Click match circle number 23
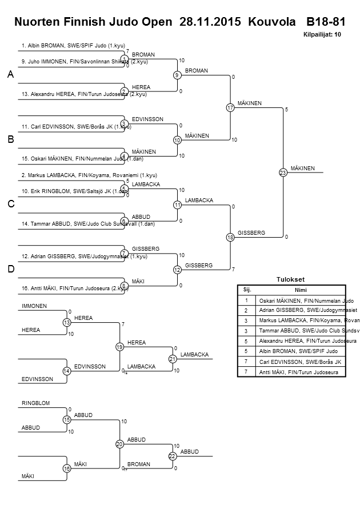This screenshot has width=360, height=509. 283,172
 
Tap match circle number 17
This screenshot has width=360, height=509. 230,107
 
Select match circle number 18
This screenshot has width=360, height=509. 230,237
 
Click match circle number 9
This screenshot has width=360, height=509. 177,75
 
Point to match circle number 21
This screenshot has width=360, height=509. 171,359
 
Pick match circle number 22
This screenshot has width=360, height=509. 171,456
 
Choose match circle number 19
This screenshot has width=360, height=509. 119,347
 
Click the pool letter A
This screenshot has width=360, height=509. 10,75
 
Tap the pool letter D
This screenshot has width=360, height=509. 10,269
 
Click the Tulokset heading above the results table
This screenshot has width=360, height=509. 291,279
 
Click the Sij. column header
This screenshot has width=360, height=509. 246,290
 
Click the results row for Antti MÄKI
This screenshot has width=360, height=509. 298,372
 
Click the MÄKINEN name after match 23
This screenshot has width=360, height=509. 303,168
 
